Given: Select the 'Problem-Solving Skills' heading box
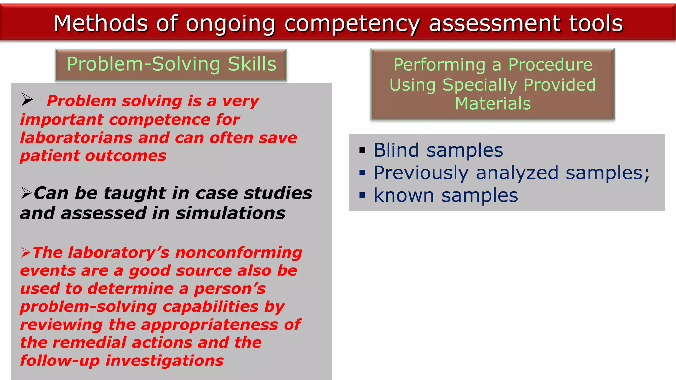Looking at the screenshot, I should coord(171,64).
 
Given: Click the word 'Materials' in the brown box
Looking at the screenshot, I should coord(493,104).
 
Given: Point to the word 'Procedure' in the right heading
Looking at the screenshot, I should coord(550,64).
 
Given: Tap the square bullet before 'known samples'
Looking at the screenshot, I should coord(362,195).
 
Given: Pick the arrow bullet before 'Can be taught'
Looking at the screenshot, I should coord(26,193).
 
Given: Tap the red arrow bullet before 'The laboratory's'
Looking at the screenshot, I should coord(26,253).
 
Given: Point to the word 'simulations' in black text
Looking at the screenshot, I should coord(230,213).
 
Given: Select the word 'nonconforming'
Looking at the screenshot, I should coord(239,253).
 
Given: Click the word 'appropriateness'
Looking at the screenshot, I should coord(210,325).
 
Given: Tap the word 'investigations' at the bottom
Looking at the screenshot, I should coord(164,361).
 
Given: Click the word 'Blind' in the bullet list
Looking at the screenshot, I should coord(396,150).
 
